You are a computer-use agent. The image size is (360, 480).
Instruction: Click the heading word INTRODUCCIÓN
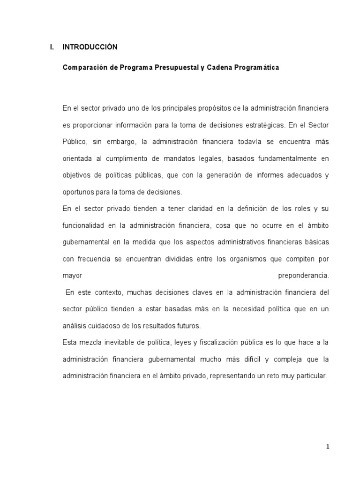pos(90,47)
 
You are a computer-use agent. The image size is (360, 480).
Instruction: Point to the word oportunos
pos(77,192)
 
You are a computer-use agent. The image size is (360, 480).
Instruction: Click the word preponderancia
pos(304,276)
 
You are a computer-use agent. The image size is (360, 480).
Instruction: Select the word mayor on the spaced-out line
pos(72,276)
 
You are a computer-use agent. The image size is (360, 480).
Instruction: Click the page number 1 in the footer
pos(328,447)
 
